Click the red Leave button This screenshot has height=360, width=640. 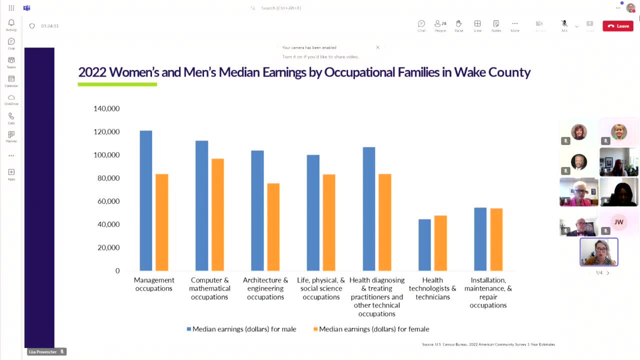click(617, 26)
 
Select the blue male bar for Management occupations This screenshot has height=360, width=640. click(146, 200)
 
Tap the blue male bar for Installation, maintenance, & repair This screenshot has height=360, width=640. click(480, 238)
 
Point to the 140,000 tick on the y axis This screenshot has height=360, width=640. click(106, 108)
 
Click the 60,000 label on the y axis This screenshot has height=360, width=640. click(106, 201)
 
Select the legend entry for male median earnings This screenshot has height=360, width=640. click(241, 329)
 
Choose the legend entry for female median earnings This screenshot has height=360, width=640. click(371, 329)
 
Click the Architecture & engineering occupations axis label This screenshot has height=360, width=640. click(265, 288)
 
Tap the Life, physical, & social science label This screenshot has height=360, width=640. click(321, 288)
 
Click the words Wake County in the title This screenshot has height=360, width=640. click(492, 72)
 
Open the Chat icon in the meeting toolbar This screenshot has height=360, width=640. click(421, 26)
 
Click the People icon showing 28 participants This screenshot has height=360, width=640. click(440, 26)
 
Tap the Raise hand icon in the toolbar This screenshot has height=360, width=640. click(458, 26)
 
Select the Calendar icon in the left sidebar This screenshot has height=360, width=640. click(11, 81)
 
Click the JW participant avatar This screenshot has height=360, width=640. click(618, 222)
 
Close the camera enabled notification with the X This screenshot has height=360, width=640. click(377, 47)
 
